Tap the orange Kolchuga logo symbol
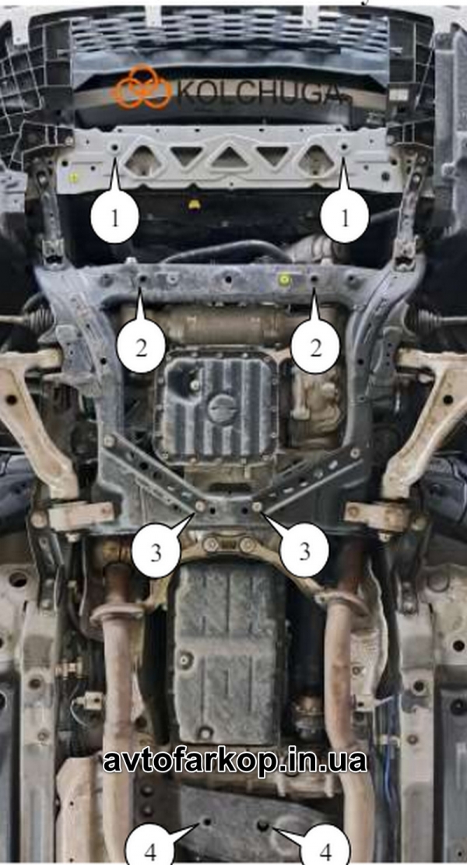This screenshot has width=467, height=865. (x=143, y=87)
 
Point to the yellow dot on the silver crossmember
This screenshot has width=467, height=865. (x=72, y=178)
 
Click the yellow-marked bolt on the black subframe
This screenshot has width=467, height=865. (x=285, y=279)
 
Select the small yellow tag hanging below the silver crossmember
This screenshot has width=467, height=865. (x=193, y=204)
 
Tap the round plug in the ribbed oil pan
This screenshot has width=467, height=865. (x=223, y=410)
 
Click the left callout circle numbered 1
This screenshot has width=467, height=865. (x=114, y=218)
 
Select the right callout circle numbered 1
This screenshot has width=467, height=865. (x=345, y=219)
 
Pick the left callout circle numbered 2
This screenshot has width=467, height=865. (x=141, y=348)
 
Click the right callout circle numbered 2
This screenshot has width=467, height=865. (x=315, y=348)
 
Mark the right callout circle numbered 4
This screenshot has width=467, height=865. (x=326, y=850)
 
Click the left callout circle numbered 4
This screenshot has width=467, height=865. (x=150, y=850)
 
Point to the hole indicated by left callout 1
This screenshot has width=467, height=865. (x=114, y=149)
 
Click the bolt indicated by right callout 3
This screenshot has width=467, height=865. (x=256, y=506)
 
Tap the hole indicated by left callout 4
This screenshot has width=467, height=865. (x=207, y=822)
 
